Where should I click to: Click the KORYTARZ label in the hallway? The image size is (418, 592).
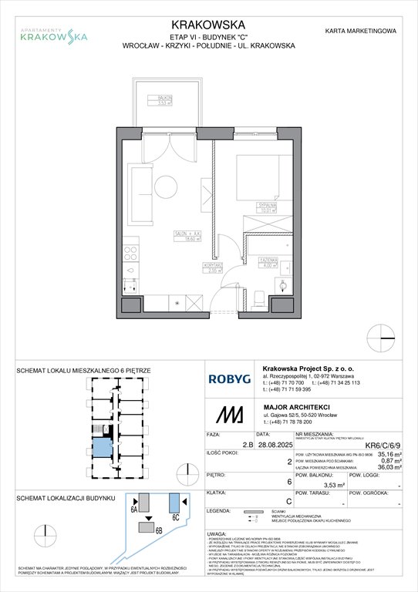click(x=214, y=267)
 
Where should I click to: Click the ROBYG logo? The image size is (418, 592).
click(x=228, y=378)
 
